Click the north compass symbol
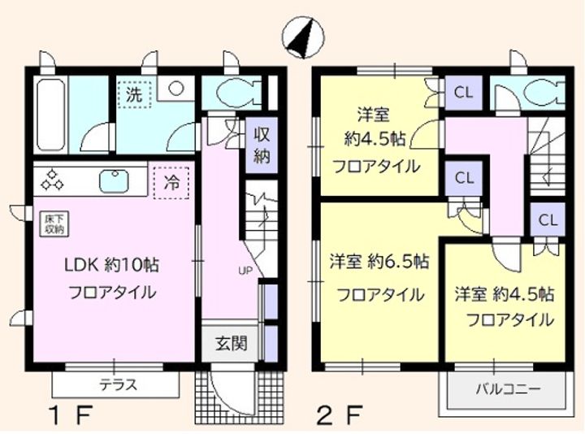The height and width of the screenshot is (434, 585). pyautogui.click(x=303, y=37)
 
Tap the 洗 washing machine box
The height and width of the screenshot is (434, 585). pyautogui.click(x=134, y=94)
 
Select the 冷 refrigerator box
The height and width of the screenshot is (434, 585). pyautogui.click(x=171, y=183)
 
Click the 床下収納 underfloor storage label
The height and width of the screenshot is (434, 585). pyautogui.click(x=55, y=224)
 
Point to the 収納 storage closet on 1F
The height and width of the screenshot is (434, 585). pyautogui.click(x=262, y=145)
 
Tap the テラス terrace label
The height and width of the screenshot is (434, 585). pyautogui.click(x=119, y=384)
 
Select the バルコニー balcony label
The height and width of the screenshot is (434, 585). pyautogui.click(x=508, y=390)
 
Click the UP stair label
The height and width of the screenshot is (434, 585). pyautogui.click(x=245, y=271)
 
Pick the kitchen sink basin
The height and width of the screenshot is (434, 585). pyautogui.click(x=115, y=181)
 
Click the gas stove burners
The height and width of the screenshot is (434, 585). pyautogui.click(x=52, y=179)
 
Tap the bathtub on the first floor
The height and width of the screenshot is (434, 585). pyautogui.click(x=50, y=115)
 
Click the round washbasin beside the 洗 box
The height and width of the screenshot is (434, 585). pyautogui.click(x=175, y=89)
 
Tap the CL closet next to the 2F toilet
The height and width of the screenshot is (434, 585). pyautogui.click(x=463, y=92)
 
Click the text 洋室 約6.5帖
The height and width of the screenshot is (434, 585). pyautogui.click(x=379, y=262)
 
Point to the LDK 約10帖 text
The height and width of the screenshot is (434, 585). pyautogui.click(x=112, y=265)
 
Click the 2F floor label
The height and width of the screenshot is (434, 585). pyautogui.click(x=340, y=415)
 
